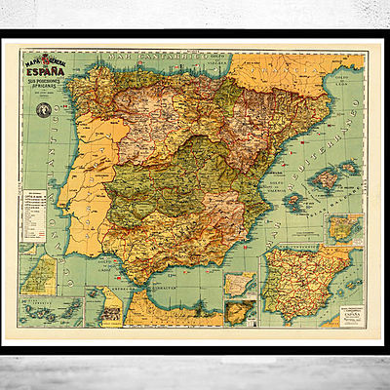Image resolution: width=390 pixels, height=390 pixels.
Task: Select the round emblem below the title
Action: coord(42,111)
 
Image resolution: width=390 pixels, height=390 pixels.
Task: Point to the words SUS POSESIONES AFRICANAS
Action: coord(57,87)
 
